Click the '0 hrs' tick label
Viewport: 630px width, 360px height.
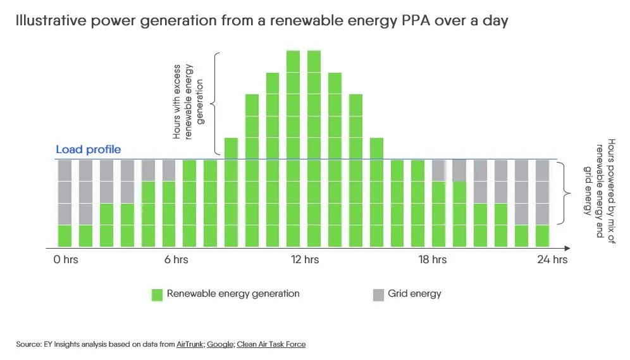click(66, 259)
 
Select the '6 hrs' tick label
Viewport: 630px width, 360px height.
click(176, 259)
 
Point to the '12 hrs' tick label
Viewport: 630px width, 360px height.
click(304, 259)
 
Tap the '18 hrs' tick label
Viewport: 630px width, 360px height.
click(433, 259)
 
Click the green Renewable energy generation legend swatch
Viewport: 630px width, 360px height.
click(157, 294)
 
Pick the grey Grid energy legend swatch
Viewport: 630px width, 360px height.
click(378, 294)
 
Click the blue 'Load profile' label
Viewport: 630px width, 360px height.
click(88, 150)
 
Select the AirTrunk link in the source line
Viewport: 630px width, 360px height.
click(190, 344)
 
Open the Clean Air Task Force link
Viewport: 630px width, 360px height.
click(271, 344)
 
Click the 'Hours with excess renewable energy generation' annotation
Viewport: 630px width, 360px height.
click(188, 101)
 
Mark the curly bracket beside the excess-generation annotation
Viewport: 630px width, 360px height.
click(217, 104)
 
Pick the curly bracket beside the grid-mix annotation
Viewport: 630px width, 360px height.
click(562, 193)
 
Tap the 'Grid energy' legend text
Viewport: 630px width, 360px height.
click(414, 294)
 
